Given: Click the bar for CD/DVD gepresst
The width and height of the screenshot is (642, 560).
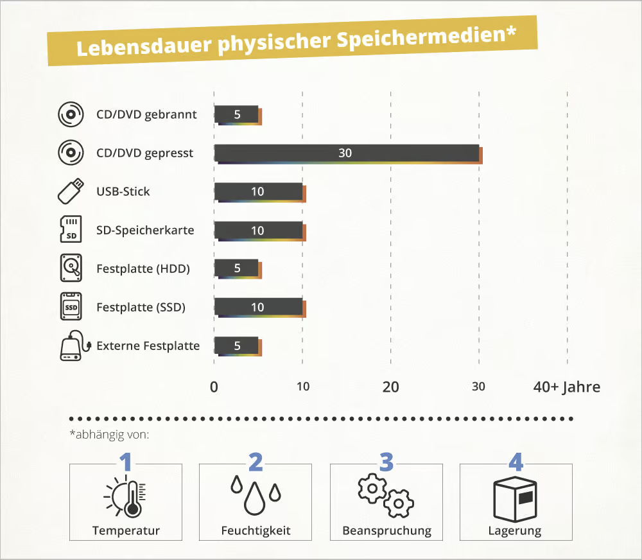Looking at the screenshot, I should tap(347, 153).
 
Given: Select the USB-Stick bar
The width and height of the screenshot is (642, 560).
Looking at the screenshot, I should tap(258, 191).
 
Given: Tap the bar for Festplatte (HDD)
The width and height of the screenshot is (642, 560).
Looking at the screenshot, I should tap(236, 268).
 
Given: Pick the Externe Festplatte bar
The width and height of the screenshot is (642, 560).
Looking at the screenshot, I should tap(236, 346).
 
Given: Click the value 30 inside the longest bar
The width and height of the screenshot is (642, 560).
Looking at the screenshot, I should tap(345, 153).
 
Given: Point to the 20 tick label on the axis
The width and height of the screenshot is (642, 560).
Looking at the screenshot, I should tap(390, 387).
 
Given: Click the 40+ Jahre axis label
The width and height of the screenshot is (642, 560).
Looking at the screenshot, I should tap(566, 387).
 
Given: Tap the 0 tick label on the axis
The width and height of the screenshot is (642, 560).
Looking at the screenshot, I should tap(214, 387).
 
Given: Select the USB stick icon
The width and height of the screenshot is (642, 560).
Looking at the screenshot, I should tap(71, 191).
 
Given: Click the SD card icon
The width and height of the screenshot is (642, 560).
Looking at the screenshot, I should tap(71, 230).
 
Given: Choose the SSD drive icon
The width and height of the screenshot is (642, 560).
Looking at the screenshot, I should tap(71, 307).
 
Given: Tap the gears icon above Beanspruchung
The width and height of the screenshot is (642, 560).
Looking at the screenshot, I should tap(386, 496).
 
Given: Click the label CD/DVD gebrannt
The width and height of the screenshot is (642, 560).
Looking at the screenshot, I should tap(146, 115).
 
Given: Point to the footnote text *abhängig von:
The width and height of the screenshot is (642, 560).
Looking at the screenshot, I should tap(108, 435).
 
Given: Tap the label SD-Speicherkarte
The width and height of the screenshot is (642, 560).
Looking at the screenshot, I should tap(145, 230).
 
